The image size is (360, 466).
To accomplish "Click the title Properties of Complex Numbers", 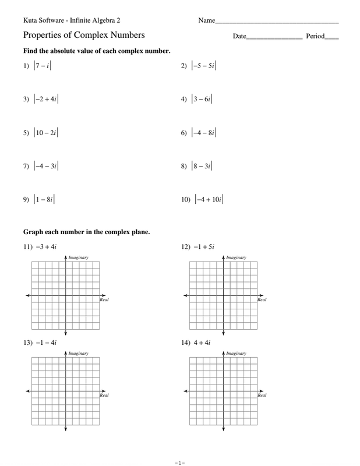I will pos(84,36).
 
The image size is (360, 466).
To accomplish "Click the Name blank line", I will pos(277,22).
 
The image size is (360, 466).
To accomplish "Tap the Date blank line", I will pos(274,38).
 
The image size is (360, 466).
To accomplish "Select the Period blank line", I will pos(331,38).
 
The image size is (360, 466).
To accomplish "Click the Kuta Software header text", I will pos(72,20).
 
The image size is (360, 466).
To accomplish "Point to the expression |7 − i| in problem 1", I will pos(43,66).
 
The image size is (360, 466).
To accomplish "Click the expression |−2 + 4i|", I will pos(46,99).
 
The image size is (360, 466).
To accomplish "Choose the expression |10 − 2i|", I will pos(46,133).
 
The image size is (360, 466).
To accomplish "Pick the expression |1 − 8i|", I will pos(44,199).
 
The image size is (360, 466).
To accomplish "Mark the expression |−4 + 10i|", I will pos(209,199).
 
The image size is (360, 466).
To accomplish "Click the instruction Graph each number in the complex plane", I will pos(86,232).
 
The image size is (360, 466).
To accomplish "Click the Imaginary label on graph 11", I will pos(78,257).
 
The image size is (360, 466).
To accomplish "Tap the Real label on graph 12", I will pos(262,300).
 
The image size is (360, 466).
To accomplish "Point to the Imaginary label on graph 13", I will pos(78,354).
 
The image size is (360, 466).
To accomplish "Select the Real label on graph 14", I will pos(262,396).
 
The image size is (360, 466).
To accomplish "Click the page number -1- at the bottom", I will pos(179,463).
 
